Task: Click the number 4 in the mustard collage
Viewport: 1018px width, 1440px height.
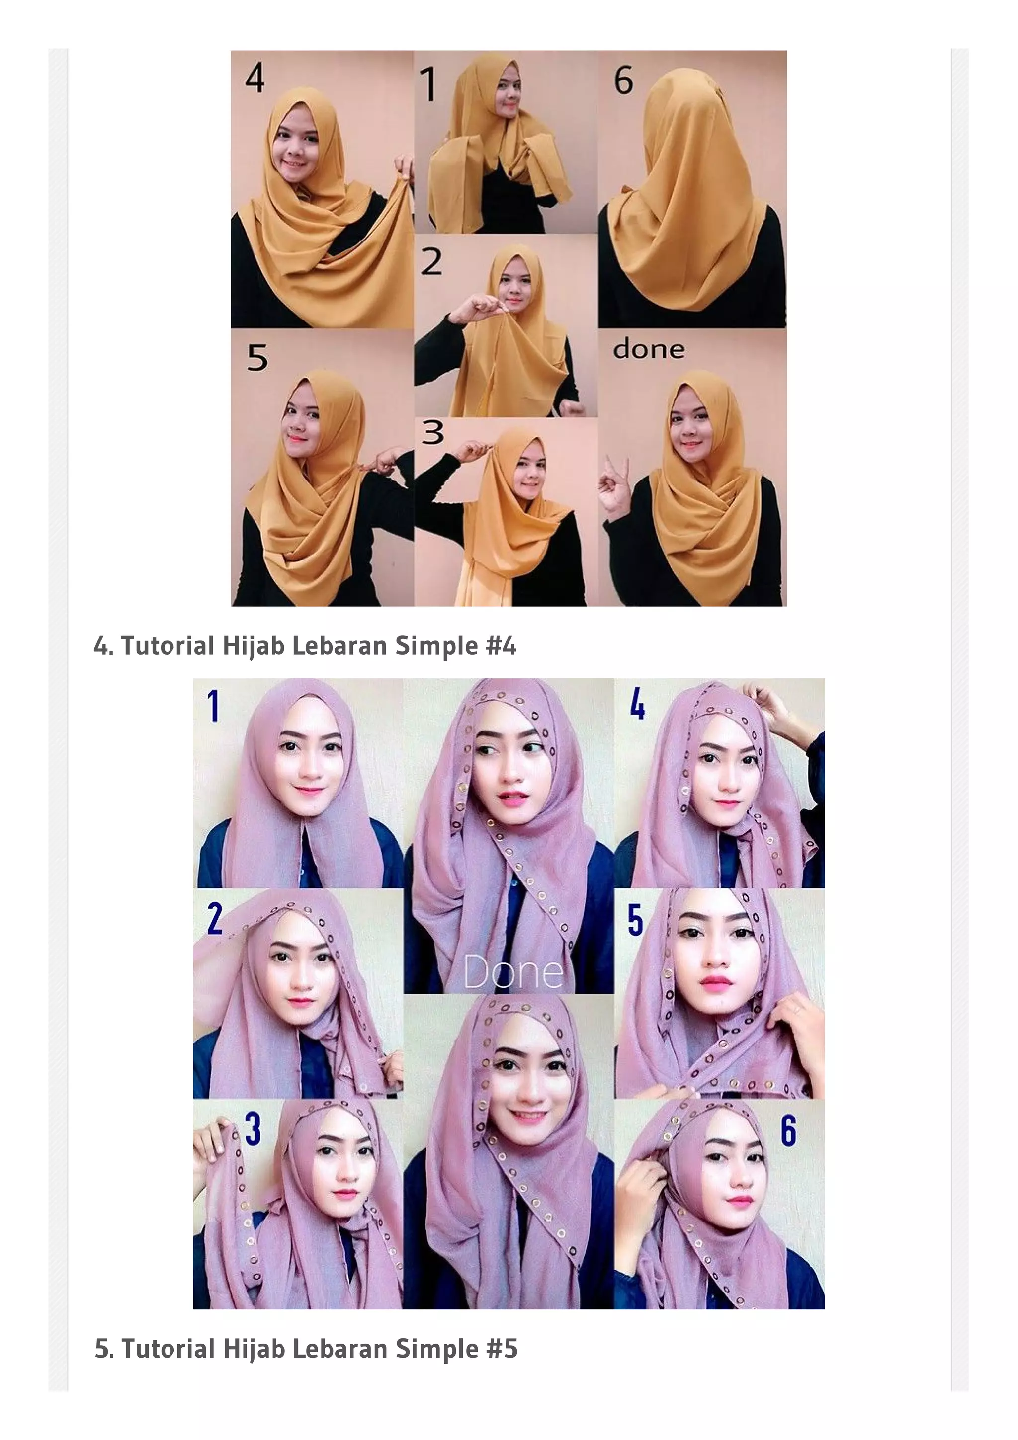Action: pyautogui.click(x=254, y=79)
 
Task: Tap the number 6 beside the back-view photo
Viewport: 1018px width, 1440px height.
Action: pyautogui.click(x=623, y=81)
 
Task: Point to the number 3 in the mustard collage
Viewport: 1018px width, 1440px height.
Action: pyautogui.click(x=433, y=432)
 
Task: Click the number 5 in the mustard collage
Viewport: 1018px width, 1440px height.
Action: pyautogui.click(x=257, y=358)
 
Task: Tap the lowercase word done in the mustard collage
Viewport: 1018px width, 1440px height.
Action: pyautogui.click(x=648, y=349)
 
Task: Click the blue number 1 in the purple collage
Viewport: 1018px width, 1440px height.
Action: pyautogui.click(x=213, y=706)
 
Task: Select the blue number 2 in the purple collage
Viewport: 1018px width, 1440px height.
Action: pyautogui.click(x=215, y=919)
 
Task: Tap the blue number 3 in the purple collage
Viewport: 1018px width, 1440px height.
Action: pyautogui.click(x=252, y=1128)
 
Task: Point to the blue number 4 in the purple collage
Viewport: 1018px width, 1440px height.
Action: pyautogui.click(x=637, y=703)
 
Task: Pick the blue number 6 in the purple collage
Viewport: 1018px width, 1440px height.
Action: pyautogui.click(x=788, y=1131)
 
